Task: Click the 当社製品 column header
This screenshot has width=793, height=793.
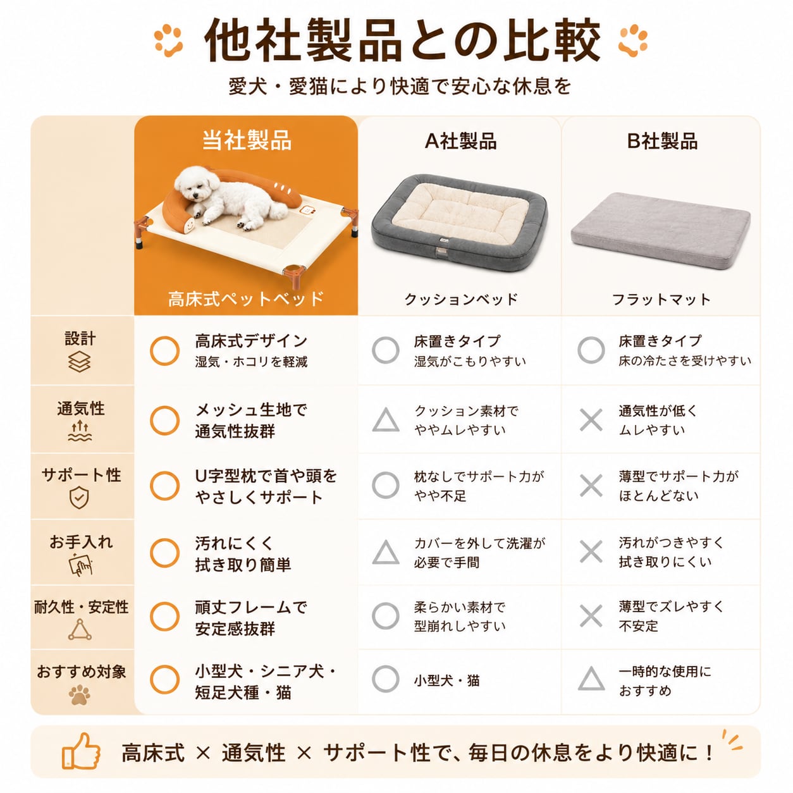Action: [247, 140]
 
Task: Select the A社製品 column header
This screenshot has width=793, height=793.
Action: [460, 141]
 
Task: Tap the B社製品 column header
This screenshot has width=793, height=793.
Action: [661, 141]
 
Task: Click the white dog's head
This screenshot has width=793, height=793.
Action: [193, 182]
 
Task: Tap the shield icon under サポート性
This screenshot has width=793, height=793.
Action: [79, 497]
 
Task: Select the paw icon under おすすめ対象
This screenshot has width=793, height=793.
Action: [80, 694]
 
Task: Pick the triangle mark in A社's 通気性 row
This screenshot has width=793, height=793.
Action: [386, 420]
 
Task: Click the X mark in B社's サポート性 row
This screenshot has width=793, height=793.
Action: [591, 486]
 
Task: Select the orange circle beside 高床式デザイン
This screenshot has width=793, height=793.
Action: [164, 351]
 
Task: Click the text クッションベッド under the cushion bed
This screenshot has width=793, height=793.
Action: [460, 299]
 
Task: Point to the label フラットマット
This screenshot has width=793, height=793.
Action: [661, 299]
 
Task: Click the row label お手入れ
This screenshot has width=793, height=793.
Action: [81, 542]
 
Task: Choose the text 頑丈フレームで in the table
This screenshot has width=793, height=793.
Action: [250, 608]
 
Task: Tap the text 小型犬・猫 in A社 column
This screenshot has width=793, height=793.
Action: [446, 680]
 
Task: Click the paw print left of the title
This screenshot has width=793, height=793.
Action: [168, 40]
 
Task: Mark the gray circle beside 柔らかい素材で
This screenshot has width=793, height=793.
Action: [386, 616]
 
